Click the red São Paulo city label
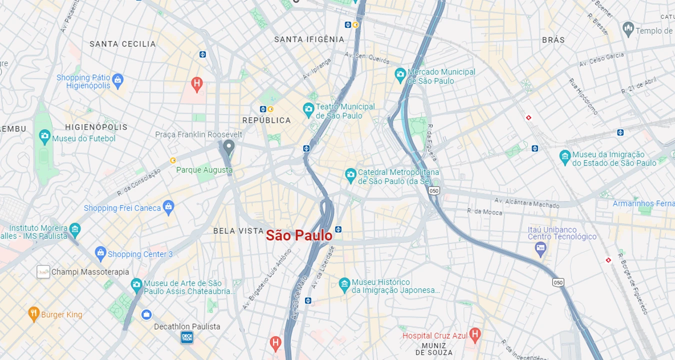299,235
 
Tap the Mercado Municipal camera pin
400,75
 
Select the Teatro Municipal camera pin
308,108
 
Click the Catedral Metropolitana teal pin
350,175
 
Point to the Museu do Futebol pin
44,136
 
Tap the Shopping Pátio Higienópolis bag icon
117,79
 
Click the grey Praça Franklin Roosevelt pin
229,147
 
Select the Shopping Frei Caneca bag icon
168,206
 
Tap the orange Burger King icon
33,314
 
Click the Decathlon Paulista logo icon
187,338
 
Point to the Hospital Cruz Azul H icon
474,334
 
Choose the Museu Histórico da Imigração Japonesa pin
344,285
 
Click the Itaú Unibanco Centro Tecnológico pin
540,248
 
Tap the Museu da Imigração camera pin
565,157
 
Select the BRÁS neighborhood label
553,40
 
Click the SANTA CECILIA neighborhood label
122,44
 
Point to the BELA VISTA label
238,231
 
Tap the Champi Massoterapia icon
43,272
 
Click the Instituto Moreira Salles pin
74,229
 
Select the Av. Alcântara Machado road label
526,202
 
